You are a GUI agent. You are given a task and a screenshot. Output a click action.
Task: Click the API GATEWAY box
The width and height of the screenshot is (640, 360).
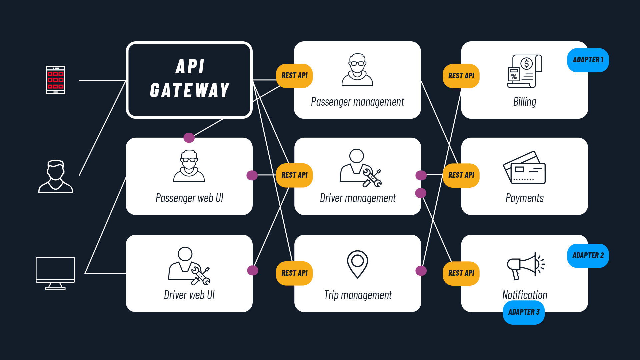189,80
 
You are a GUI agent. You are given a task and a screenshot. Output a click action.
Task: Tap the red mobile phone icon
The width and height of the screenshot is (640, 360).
56,80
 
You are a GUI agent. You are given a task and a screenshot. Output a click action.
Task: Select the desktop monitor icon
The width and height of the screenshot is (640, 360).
55,273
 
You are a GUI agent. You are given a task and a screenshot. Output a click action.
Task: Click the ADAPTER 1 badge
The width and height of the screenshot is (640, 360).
588,60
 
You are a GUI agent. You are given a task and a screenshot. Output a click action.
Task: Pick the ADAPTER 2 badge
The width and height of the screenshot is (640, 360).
588,256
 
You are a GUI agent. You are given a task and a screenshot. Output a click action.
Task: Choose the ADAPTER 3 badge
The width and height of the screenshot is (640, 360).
524,312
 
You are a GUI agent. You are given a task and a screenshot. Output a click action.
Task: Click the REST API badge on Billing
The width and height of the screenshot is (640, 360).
461,76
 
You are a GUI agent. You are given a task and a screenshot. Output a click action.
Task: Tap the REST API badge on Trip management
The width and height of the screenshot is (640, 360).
294,273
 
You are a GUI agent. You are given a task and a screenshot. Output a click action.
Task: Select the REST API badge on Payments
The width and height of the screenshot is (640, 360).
461,175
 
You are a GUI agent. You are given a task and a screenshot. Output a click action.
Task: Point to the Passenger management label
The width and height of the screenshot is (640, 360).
357,102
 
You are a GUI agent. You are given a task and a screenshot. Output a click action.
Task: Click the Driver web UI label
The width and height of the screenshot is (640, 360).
189,295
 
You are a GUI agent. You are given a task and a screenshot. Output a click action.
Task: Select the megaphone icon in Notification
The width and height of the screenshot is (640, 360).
525,266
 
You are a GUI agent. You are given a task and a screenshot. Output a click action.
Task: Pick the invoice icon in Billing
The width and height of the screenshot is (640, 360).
524,71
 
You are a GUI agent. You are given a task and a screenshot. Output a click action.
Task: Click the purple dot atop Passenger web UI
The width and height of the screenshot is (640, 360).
189,137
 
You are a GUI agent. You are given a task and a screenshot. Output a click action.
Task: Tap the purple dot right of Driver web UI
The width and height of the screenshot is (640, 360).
253,270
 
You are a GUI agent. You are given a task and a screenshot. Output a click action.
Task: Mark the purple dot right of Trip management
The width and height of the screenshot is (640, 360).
421,271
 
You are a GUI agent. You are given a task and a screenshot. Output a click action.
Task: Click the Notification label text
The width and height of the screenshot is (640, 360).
525,295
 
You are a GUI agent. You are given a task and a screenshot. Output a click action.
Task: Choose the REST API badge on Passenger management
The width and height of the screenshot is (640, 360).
294,76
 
